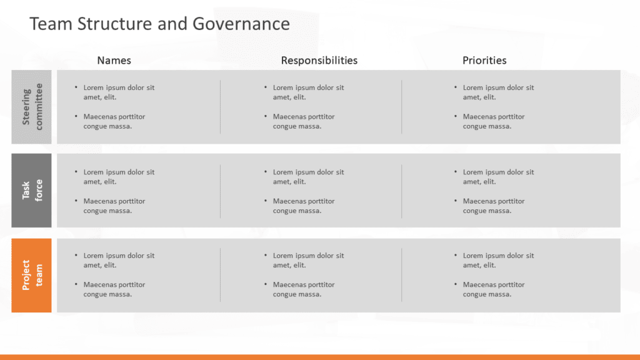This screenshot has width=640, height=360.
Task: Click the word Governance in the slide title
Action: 241,24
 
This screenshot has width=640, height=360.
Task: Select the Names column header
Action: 114,61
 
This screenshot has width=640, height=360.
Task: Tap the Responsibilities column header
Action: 319,61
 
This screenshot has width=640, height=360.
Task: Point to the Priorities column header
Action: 484,61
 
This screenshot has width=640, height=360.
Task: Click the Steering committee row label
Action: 31,107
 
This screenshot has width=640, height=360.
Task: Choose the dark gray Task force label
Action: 31,191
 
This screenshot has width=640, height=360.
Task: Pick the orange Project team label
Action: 31,276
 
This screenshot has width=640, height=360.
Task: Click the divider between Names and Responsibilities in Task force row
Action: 221,191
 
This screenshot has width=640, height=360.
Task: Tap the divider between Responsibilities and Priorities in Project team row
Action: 402,275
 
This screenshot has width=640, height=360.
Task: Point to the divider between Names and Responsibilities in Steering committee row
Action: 221,106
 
